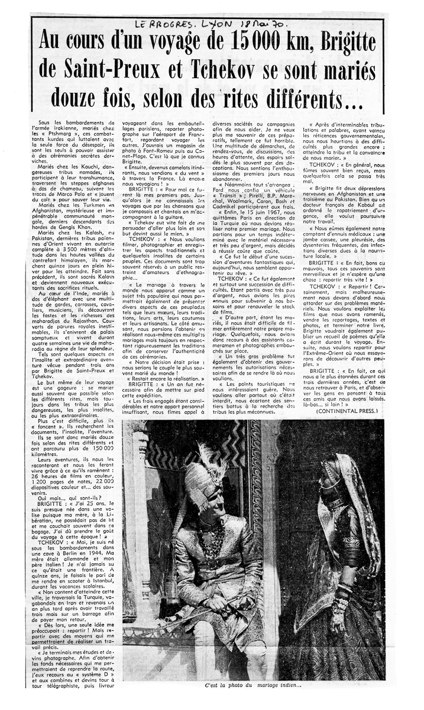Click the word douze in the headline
82,99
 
